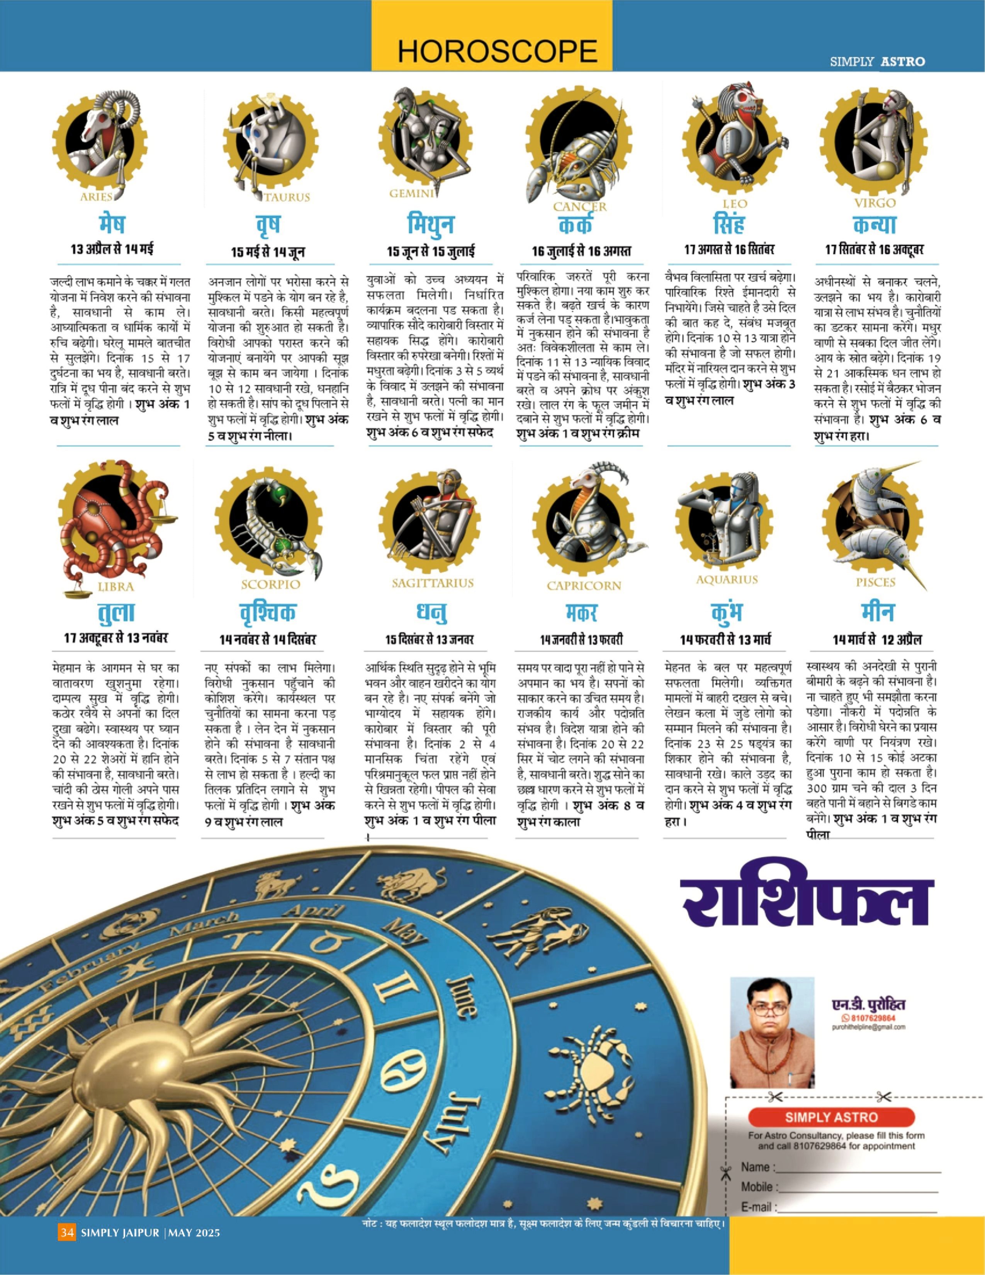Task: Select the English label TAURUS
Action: tap(287, 197)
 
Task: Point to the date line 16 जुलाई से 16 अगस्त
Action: tap(581, 252)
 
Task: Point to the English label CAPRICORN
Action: tap(584, 586)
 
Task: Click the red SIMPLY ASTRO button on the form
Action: tap(830, 1117)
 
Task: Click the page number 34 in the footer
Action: tap(66, 1233)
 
